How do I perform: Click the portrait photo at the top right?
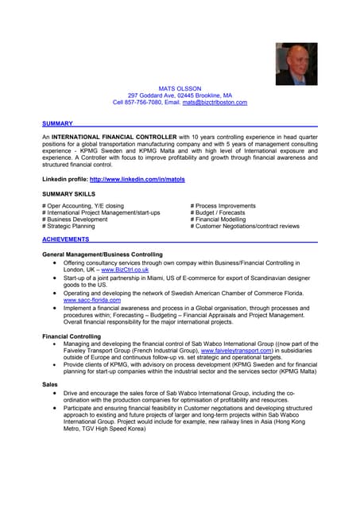point(296,64)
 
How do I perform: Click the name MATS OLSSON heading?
point(180,87)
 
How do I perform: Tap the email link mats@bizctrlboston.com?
point(215,103)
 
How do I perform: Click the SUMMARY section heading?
point(57,123)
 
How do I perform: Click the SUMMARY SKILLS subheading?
point(68,193)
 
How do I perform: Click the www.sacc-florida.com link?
point(92,301)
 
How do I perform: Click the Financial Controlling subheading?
point(72,336)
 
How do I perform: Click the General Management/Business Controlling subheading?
point(102,254)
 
